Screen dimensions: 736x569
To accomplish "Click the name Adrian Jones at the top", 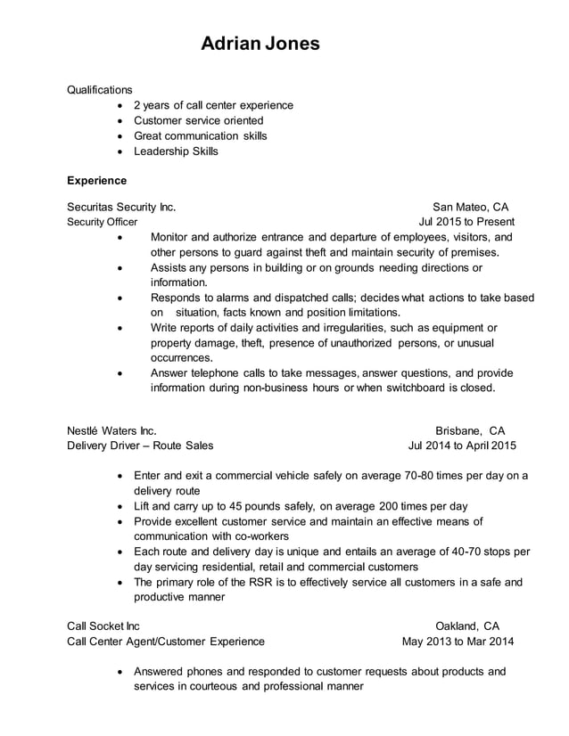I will click(260, 43).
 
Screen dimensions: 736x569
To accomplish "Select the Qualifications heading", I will click(100, 89).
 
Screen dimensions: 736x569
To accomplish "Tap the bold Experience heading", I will click(97, 180).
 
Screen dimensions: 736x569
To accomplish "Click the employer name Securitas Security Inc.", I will click(121, 207).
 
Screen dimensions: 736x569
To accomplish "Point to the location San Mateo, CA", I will click(470, 207).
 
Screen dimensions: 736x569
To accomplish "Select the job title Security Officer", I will click(103, 222).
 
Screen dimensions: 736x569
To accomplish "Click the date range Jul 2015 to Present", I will click(466, 222).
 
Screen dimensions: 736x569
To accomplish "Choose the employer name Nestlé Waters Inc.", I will click(111, 430).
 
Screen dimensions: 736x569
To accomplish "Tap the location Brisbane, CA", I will click(470, 430).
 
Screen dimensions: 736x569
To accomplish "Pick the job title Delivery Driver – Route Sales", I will click(140, 446).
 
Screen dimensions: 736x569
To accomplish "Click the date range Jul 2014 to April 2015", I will click(462, 446).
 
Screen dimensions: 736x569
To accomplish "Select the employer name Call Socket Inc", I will click(103, 626).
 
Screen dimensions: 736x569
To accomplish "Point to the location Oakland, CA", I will click(467, 626).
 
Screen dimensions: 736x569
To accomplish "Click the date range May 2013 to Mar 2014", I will click(458, 641).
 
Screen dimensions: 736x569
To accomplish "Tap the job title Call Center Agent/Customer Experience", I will click(166, 641).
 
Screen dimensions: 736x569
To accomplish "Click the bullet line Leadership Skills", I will click(176, 151).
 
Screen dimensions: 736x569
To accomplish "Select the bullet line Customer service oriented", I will click(198, 120).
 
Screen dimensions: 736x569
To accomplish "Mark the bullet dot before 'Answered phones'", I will click(121, 672).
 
